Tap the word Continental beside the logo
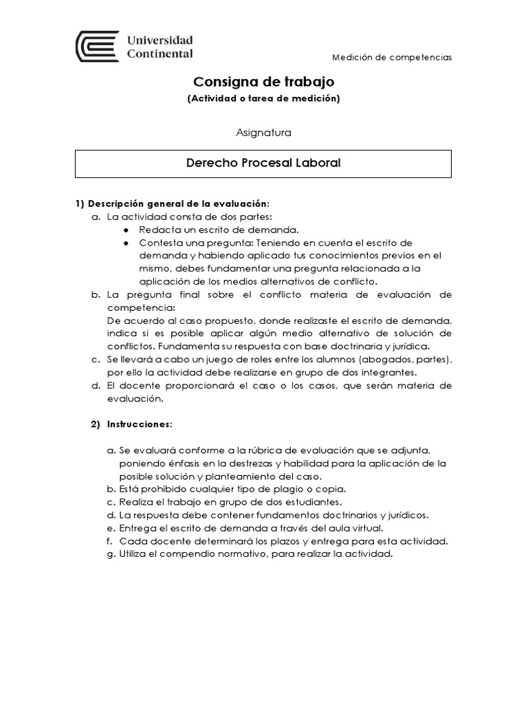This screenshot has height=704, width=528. pos(160,54)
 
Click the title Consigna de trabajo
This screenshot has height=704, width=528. pos(263,82)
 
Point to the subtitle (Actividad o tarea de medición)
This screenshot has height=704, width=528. pos(263,99)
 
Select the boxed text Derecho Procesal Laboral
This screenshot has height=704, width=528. pos(263,164)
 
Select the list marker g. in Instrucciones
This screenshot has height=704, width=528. pos(111,554)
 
